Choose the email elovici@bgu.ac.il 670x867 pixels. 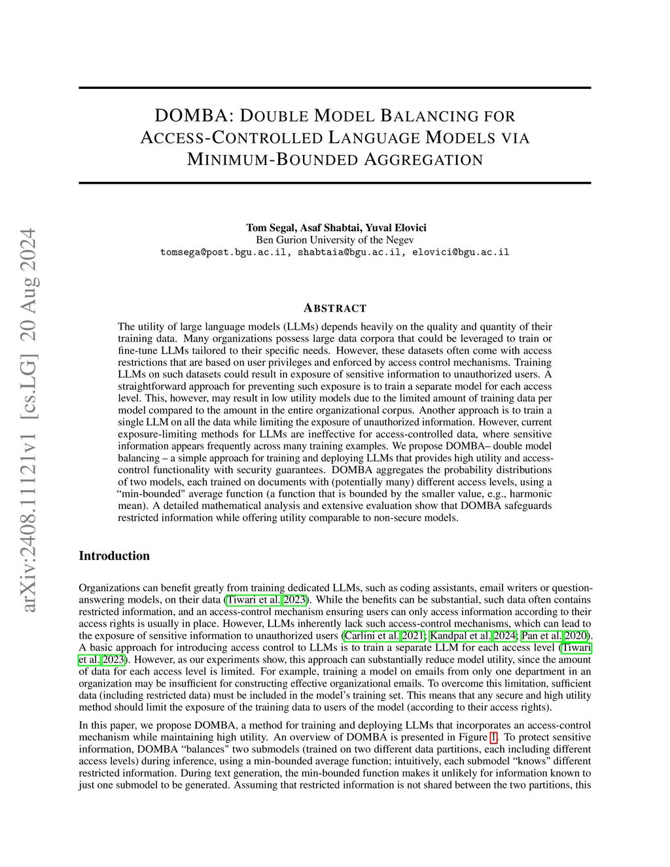pos(461,252)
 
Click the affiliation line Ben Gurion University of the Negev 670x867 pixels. pos(334,239)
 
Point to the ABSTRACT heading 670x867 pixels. pos(335,308)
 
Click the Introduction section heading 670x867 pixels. pos(114,556)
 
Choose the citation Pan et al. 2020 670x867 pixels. pos(555,636)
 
